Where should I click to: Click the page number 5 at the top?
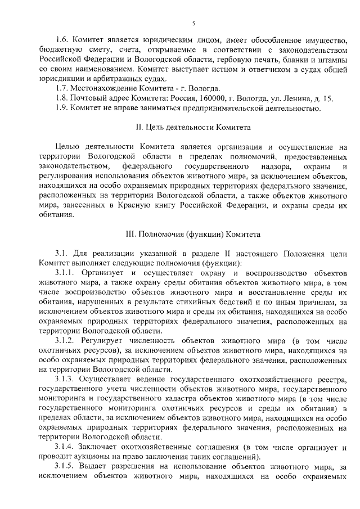tap(193, 23)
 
